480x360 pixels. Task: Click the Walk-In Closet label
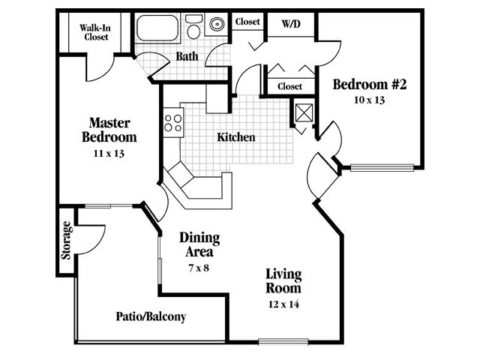coord(95,31)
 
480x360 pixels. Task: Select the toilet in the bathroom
coord(193,28)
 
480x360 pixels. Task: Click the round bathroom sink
coord(218,24)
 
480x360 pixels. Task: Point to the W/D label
coord(290,22)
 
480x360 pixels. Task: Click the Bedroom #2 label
coord(369,85)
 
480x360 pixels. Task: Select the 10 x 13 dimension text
coord(369,100)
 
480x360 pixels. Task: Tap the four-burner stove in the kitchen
coord(173,121)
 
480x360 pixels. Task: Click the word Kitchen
coord(236,137)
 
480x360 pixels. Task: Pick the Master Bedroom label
coord(110,130)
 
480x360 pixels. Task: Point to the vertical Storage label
coord(67,240)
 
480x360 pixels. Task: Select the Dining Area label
coord(199,244)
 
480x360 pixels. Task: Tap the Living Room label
coord(283,280)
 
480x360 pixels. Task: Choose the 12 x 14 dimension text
coord(283,304)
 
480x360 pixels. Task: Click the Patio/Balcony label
coord(151,316)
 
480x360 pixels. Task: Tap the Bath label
coord(187,56)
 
